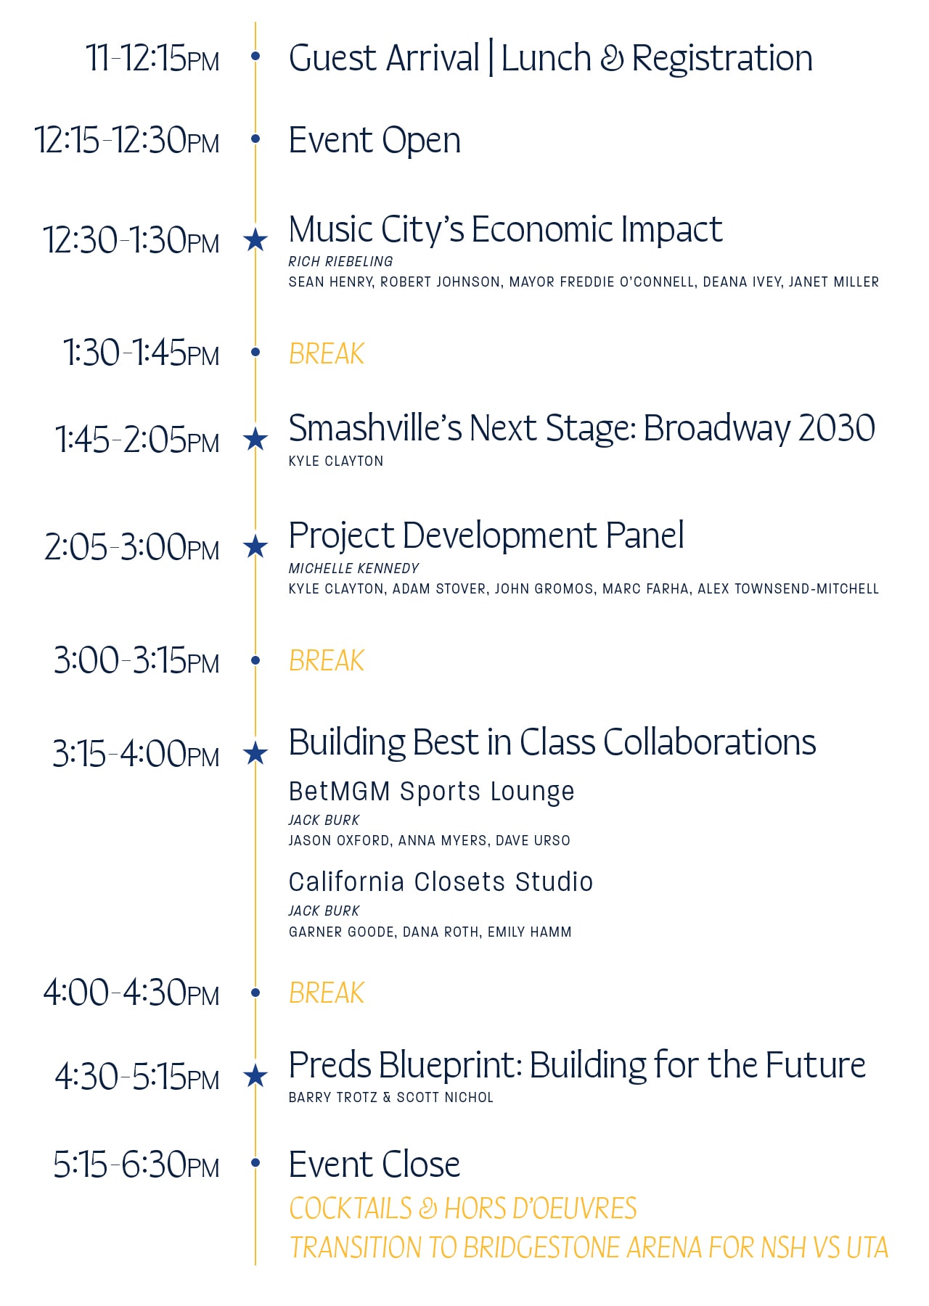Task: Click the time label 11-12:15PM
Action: coord(152,58)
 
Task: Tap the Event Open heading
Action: coord(375,141)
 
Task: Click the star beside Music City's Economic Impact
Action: coord(255,239)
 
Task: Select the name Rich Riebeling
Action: coord(340,261)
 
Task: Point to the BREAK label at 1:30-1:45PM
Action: coord(327,353)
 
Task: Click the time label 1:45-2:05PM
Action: coord(137,440)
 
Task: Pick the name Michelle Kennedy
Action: coord(354,568)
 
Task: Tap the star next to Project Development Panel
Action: coord(255,546)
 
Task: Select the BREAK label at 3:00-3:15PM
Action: coord(327,660)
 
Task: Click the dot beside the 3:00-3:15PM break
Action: coord(255,660)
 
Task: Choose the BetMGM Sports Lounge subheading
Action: coord(431,792)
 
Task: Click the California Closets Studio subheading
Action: coord(441,882)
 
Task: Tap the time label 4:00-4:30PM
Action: coord(131,993)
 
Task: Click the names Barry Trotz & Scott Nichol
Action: coord(391,1097)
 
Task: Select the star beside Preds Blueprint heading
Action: coord(255,1075)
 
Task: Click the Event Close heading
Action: coord(375,1165)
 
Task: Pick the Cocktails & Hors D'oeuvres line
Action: coord(463,1208)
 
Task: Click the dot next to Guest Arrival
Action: coord(255,56)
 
